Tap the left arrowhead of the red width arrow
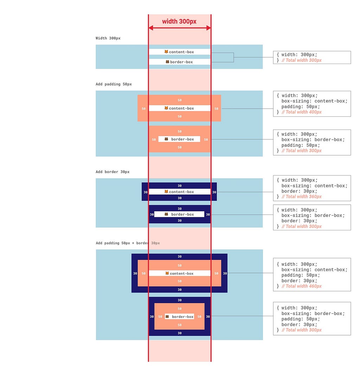coord(151,28)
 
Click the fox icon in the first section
coord(166,52)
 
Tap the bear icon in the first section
coord(167,62)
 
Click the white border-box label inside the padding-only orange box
coord(179,139)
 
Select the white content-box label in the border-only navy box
coord(180,192)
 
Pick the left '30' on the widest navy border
coord(135,273)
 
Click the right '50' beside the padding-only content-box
coord(216,109)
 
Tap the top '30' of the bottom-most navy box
coord(180,300)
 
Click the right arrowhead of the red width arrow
coord(208,28)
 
